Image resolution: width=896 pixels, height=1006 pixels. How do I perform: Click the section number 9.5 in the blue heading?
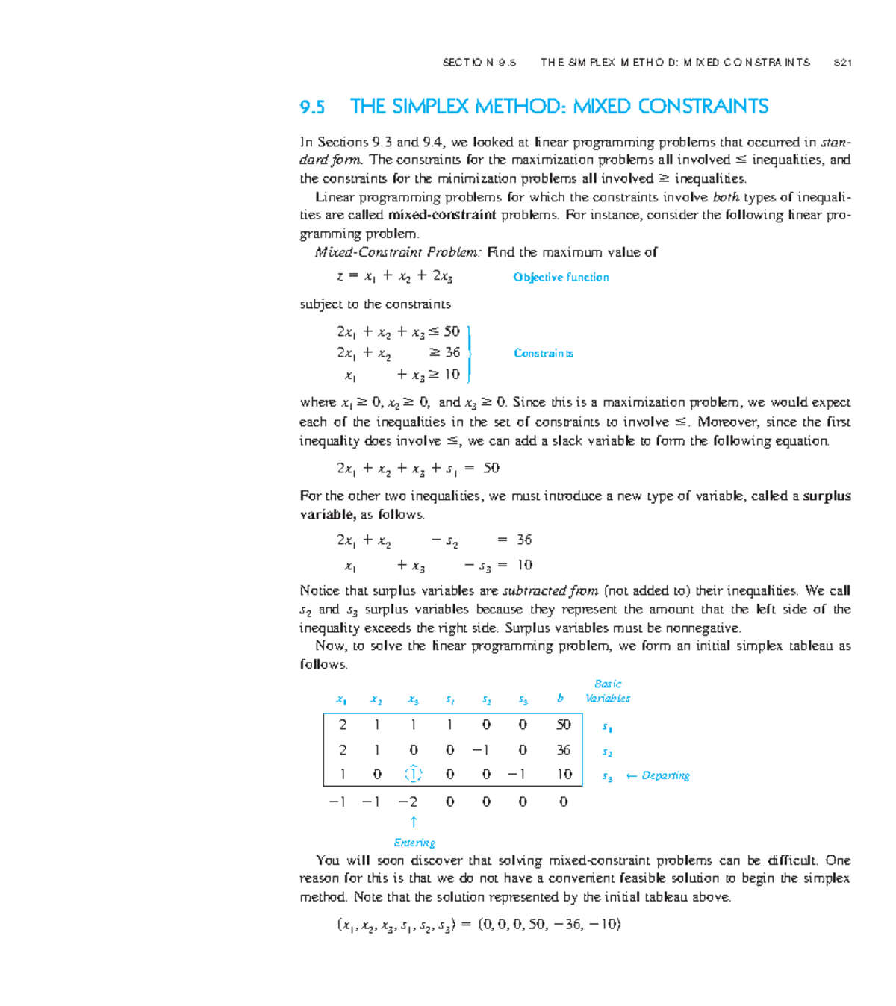312,107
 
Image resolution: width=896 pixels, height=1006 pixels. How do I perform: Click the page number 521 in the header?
842,63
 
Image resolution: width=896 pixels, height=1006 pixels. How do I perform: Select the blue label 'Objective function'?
561,277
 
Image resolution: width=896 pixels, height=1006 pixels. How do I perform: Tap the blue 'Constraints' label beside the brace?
544,353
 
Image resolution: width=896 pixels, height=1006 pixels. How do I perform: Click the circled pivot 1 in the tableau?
414,775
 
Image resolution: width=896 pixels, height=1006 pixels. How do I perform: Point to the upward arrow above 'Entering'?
414,822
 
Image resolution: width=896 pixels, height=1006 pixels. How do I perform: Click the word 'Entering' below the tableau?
414,843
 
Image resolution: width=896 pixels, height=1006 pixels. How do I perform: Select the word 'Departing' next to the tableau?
665,775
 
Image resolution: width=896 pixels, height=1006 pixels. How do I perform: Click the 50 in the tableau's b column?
563,725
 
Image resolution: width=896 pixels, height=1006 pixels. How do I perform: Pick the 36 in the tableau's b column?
563,750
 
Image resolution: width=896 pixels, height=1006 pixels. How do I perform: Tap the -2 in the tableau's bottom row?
408,802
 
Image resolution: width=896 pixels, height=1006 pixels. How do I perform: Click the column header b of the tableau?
560,699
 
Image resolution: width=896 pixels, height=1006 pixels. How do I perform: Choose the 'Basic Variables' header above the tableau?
608,691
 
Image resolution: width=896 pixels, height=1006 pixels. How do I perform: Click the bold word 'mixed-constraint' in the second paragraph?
442,215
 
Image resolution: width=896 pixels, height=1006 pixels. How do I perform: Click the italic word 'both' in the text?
726,197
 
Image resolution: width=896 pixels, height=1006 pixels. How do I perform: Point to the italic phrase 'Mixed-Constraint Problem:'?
398,252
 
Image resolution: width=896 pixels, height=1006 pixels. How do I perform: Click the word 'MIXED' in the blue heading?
603,107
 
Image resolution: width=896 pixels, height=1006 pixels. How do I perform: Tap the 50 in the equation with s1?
491,468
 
